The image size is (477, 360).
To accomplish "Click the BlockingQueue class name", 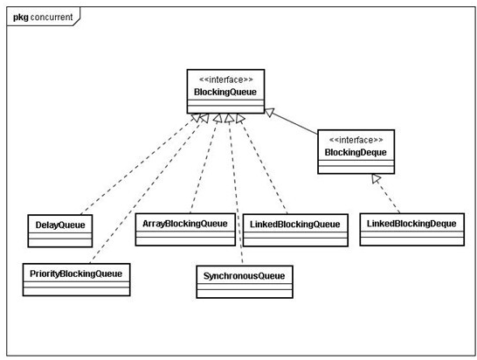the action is coord(225,92).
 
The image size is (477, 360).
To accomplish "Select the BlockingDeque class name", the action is coord(356,152).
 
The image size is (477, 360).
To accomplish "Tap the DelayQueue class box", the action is coord(60,231).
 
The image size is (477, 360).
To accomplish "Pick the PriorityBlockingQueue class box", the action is coord(76,280).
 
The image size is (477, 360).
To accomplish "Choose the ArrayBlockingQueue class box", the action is coord(185,230).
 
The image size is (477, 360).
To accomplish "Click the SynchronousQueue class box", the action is coord(245,281).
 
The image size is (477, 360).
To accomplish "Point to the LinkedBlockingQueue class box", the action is coord(295,230).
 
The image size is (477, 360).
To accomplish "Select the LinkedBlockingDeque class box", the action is coord(411,230).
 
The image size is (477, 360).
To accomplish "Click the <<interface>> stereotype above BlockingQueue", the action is coord(225,80).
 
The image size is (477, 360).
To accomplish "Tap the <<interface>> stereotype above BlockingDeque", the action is coord(356,140).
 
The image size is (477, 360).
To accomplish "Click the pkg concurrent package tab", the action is coord(43,17).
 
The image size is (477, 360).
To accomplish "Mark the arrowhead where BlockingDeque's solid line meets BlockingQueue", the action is coord(270,113).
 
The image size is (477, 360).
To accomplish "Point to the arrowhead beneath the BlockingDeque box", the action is coord(376,178).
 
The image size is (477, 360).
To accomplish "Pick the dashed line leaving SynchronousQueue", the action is coord(236,190).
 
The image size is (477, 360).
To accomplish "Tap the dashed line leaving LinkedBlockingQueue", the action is coord(264,164).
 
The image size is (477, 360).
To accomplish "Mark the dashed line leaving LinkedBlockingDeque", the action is coord(388,196).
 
